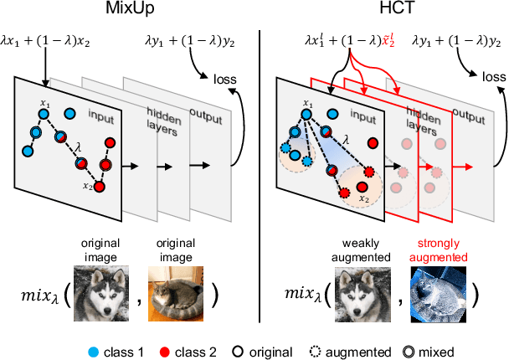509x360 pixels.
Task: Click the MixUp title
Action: pos(127,13)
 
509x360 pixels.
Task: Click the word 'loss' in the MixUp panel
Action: pos(224,80)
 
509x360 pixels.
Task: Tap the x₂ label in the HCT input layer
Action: pos(364,199)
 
